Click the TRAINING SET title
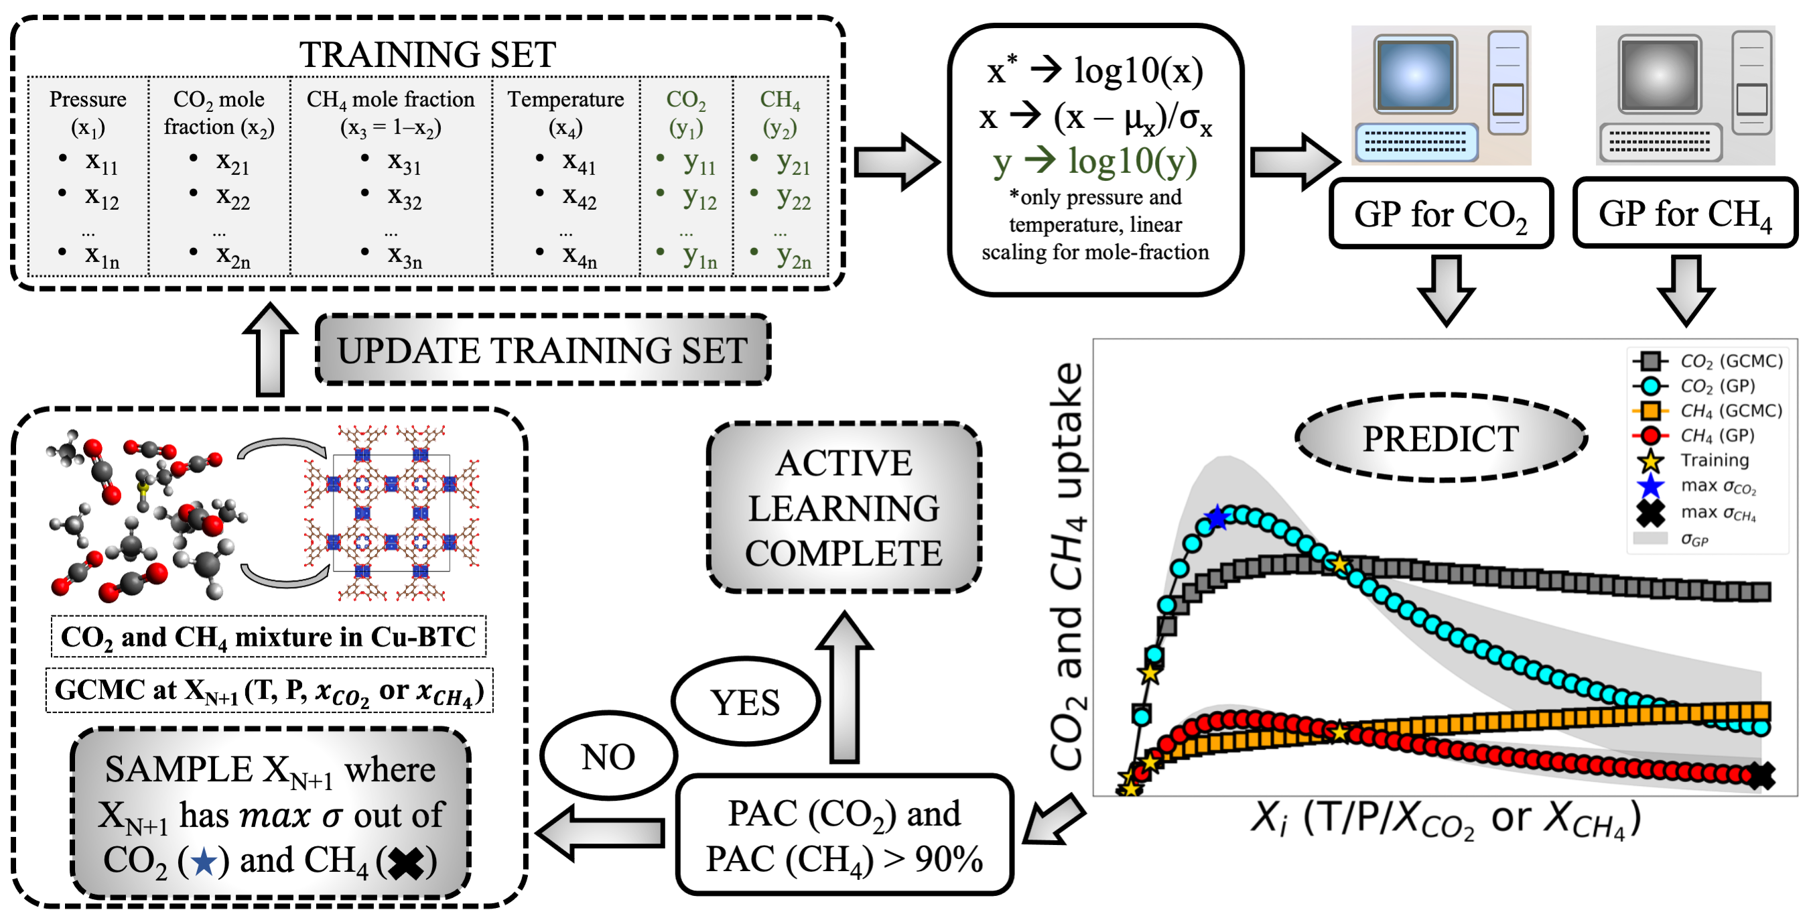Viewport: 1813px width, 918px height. pos(427,54)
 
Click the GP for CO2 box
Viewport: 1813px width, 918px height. pos(1440,213)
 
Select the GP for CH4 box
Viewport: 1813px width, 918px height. pos(1684,213)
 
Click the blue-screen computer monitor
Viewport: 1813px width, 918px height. pos(1415,76)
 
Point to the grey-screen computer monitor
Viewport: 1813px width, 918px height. pos(1659,76)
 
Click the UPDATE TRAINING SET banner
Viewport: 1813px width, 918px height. pos(542,350)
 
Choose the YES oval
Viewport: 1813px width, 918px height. pos(744,702)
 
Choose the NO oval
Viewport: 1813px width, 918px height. pos(608,757)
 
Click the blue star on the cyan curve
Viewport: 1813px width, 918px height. pos(1216,518)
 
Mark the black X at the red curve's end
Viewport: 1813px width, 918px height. pos(1761,776)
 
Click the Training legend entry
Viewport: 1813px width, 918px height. pos(1714,460)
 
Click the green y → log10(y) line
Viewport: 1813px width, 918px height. pos(1094,161)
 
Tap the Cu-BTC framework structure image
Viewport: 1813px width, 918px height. pos(391,513)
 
